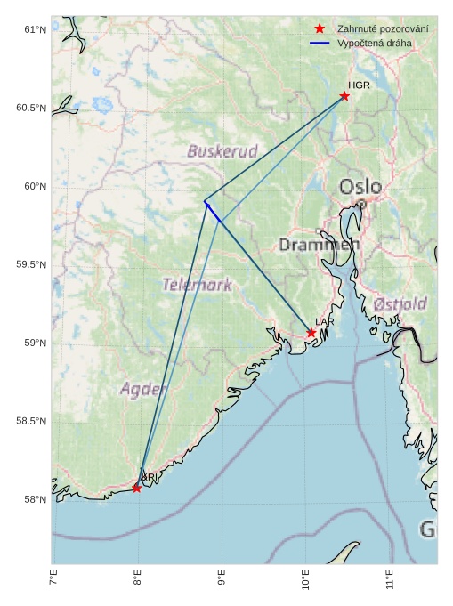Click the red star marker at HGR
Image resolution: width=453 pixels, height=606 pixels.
(344, 96)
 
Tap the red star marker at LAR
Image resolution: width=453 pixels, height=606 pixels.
(311, 333)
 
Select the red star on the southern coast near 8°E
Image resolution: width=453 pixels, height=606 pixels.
(136, 488)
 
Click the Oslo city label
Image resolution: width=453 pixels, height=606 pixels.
(360, 187)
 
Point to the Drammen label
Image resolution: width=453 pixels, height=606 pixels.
(319, 244)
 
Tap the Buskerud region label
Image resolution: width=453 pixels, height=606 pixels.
(222, 151)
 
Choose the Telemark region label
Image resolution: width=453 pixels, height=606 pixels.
(197, 285)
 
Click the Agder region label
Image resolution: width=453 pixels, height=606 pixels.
(143, 389)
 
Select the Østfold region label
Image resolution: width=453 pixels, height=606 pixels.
(400, 303)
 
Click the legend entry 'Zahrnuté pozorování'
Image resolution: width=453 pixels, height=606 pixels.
(383, 29)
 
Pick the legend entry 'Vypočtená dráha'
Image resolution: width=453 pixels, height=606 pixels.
(374, 43)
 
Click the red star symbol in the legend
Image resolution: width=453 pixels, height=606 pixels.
(320, 29)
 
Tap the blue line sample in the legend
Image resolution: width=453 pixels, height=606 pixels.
(320, 43)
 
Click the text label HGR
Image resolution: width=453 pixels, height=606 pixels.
(359, 85)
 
